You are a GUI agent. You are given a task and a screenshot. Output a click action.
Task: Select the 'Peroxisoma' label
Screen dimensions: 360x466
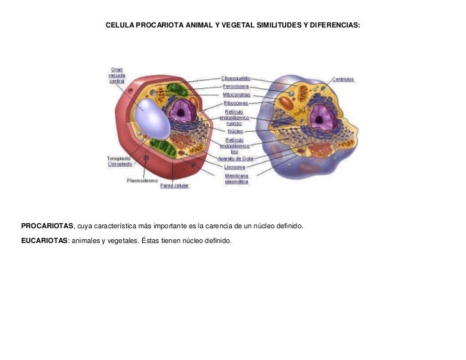point(236,86)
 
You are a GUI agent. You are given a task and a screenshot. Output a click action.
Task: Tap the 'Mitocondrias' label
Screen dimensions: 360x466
point(236,94)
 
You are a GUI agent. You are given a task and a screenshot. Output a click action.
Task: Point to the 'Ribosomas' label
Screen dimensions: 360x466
point(236,102)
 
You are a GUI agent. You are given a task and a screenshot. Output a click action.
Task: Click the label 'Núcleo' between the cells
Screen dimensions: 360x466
point(235,131)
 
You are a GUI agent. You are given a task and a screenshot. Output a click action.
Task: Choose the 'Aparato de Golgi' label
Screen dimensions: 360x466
point(236,158)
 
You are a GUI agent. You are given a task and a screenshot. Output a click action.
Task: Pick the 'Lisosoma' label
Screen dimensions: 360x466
point(236,167)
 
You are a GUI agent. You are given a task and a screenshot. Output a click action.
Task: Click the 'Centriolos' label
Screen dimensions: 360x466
point(343,80)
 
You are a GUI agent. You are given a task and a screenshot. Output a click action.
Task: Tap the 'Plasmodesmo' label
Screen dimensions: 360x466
point(142,180)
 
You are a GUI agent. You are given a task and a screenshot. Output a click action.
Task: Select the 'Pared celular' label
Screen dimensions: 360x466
point(174,186)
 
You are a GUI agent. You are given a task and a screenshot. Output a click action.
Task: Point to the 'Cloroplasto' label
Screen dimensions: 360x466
point(120,164)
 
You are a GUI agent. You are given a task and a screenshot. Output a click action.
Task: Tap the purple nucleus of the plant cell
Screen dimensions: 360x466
point(183,113)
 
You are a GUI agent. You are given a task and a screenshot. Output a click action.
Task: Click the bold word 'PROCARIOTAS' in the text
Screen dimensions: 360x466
point(47,226)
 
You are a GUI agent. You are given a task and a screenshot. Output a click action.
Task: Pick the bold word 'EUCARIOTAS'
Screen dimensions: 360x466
point(44,241)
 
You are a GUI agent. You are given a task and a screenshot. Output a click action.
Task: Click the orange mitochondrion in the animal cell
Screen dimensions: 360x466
point(285,102)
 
